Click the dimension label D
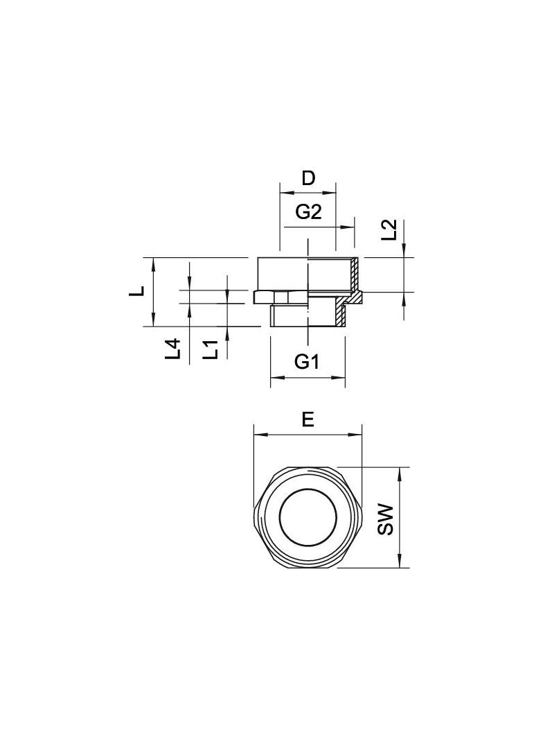pyautogui.click(x=308, y=179)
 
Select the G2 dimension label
pyautogui.click(x=308, y=213)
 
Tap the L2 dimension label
pyautogui.click(x=389, y=230)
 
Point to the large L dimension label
pyautogui.click(x=137, y=292)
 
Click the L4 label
pyautogui.click(x=172, y=349)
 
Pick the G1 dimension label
pyautogui.click(x=307, y=362)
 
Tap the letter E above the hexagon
pyautogui.click(x=308, y=419)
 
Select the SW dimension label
pyautogui.click(x=385, y=519)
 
